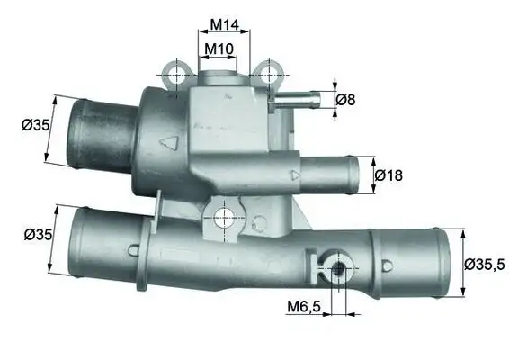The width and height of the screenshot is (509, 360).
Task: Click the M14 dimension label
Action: (x=223, y=23)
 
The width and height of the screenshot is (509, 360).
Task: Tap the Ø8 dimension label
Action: (x=345, y=100)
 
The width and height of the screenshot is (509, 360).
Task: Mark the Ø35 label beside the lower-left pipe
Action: (x=37, y=235)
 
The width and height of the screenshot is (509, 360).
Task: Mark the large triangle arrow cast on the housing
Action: (x=168, y=143)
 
